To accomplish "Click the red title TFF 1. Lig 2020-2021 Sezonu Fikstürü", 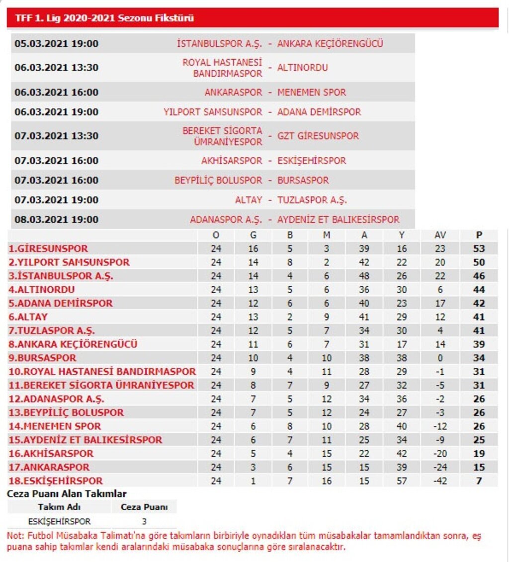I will tap(104, 18).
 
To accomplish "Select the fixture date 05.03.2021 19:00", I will tap(56, 44).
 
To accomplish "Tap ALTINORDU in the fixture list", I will tap(302, 68).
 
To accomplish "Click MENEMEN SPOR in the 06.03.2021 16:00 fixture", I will tap(311, 92).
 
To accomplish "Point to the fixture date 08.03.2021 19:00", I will tap(56, 220).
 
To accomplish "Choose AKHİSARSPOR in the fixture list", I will tap(232, 161).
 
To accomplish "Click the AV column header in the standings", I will tap(440, 236).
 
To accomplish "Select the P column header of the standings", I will tap(479, 236).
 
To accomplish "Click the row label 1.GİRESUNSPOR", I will tap(48, 249).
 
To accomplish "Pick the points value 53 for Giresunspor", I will tap(479, 249).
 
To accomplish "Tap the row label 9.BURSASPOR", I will tap(43, 358).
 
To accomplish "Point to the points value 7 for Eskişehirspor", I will tap(479, 481).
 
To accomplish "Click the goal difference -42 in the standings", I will tap(440, 481).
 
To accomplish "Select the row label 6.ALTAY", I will tap(28, 317).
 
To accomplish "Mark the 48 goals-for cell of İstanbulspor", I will tap(364, 276).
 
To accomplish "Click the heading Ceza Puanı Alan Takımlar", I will tap(67, 494).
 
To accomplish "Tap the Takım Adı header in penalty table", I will tap(59, 507).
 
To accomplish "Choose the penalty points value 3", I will tap(144, 522).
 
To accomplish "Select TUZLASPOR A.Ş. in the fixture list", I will tap(312, 200).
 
